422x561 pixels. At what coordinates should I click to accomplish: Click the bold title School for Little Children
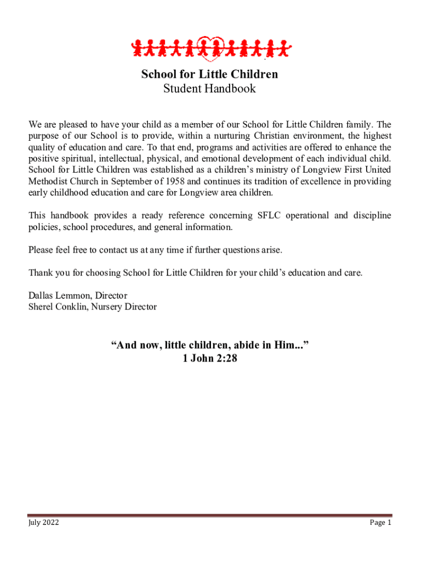pos(210,74)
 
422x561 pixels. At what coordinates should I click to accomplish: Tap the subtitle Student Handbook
pos(210,89)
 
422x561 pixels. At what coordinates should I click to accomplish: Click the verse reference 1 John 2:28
pos(210,359)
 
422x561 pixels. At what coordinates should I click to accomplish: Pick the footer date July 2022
pos(44,523)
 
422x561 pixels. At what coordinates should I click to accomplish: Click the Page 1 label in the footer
pos(380,523)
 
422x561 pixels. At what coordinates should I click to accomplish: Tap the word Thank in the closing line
pos(40,273)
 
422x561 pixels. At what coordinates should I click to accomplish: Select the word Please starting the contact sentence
pos(41,250)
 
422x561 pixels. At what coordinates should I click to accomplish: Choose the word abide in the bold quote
pos(247,345)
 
